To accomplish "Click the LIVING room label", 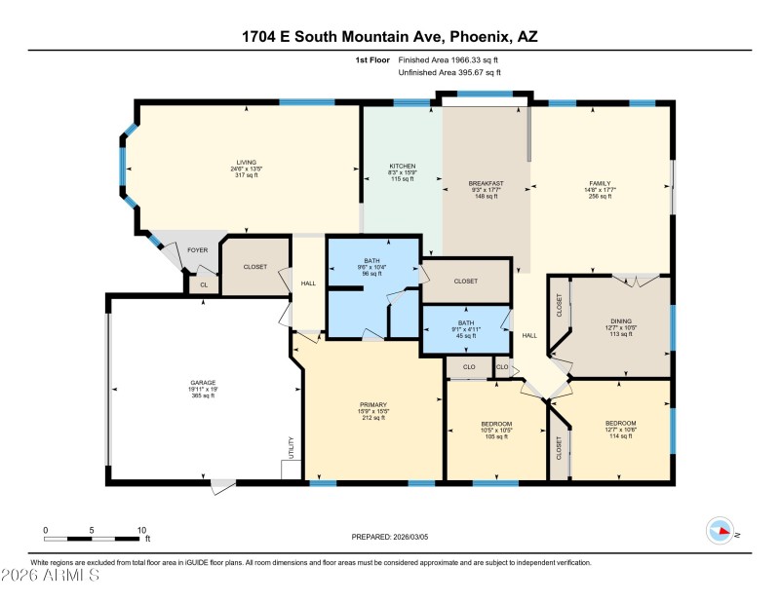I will [246, 163].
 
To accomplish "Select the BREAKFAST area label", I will [486, 183].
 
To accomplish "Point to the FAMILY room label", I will [599, 183].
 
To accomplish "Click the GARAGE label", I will [203, 382].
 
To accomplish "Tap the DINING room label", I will [621, 320].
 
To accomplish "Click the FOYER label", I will [198, 250].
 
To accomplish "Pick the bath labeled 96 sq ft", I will [371, 261].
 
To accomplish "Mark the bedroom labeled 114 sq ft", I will [621, 423].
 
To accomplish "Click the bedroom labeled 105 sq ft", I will [496, 424].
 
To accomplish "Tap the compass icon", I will [720, 530].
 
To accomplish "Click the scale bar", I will [92, 538].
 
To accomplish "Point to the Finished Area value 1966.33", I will [455, 59].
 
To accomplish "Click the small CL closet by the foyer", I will [204, 285].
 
